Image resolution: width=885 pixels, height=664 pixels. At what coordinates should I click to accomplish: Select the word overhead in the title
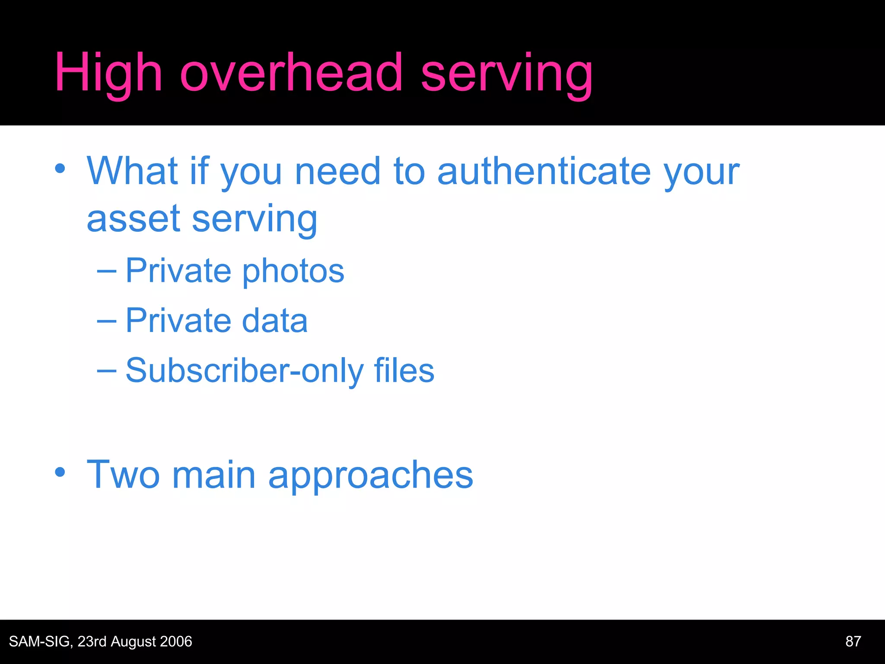[291, 73]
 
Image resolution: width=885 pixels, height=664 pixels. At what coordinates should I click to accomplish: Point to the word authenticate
[544, 172]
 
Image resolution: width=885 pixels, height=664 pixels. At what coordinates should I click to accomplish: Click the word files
[404, 370]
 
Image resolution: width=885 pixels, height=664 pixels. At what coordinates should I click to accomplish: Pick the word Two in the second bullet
[123, 475]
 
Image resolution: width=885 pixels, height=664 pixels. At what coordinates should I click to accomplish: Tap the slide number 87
[853, 641]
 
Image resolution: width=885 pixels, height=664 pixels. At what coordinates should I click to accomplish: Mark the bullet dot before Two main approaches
[60, 472]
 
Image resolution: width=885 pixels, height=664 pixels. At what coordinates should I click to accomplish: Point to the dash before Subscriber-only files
[107, 370]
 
